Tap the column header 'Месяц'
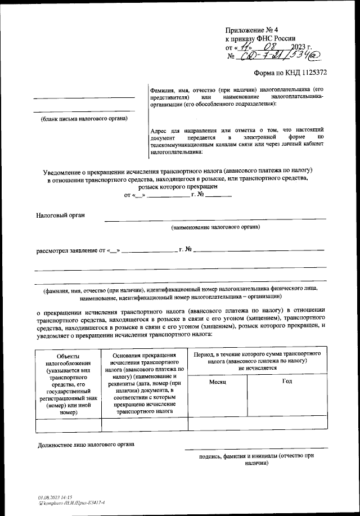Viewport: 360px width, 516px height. (217, 382)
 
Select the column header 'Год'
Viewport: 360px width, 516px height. (287, 382)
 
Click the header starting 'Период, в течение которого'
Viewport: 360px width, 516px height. (258, 359)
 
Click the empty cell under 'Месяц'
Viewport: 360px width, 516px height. (217, 423)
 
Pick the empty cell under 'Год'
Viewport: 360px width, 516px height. (287, 423)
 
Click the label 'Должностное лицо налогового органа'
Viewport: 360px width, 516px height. (86, 444)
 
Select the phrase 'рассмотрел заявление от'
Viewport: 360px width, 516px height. (71, 250)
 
